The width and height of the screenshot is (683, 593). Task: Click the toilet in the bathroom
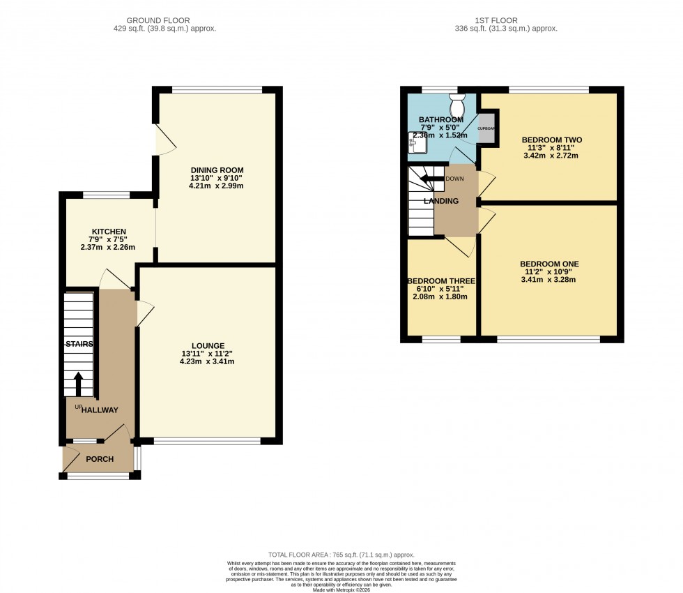458,106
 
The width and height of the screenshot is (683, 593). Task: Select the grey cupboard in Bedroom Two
487,128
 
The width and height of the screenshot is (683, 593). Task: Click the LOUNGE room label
208,345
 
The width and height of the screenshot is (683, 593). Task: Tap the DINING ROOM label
217,170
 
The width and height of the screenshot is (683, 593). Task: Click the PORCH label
100,459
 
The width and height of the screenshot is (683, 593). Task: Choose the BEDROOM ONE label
549,264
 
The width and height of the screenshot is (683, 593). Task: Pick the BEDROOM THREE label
441,281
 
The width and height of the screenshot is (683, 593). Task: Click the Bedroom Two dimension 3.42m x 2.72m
551,156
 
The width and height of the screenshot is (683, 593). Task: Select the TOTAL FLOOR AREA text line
341,552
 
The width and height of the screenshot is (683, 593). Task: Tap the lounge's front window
208,441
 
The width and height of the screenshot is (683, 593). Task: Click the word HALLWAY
100,410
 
